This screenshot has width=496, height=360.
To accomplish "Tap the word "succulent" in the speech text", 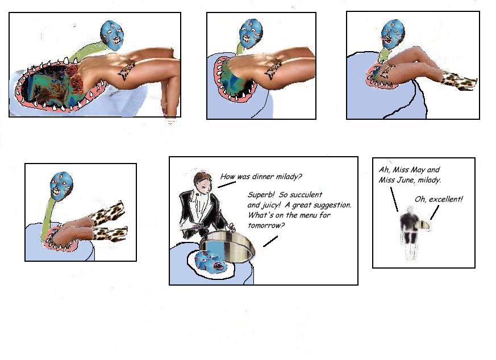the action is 307,194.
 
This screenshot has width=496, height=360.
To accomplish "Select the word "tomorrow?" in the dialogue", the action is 266,225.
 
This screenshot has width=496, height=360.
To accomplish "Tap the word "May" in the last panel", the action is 418,170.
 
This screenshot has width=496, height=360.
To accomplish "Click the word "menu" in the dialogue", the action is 306,215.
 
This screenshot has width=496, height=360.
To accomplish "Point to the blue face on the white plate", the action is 210,261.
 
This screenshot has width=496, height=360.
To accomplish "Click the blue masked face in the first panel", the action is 112,35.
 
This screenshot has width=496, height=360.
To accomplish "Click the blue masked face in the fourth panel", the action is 61,186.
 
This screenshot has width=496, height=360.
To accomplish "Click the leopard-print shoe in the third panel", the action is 459,81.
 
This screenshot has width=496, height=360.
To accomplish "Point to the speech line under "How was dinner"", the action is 227,185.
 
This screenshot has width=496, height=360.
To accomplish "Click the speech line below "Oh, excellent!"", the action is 435,212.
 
